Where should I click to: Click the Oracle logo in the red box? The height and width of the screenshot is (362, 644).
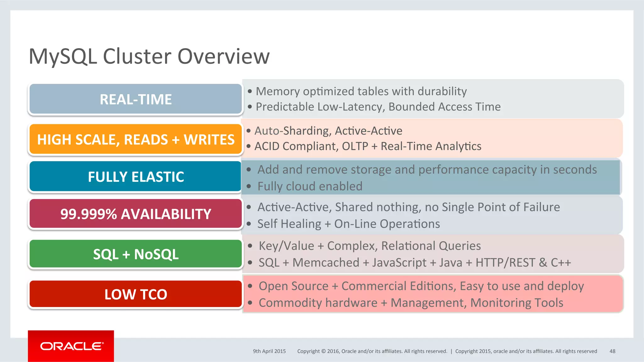click(71, 346)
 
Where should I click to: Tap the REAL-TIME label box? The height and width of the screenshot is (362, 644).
click(136, 99)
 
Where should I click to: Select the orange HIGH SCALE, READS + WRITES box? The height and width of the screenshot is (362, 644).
click(136, 139)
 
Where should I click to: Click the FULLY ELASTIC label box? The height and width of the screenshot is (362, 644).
click(136, 177)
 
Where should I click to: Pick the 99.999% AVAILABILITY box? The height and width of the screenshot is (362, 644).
click(136, 214)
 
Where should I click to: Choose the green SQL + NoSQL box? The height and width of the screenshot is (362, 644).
click(136, 254)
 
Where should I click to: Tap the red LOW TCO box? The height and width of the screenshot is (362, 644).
click(136, 294)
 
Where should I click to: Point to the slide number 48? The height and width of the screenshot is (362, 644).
click(612, 351)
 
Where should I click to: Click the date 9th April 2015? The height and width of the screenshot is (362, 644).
click(269, 351)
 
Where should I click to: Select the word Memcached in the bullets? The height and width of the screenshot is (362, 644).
click(326, 262)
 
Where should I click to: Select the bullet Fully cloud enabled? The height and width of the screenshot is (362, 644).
click(310, 186)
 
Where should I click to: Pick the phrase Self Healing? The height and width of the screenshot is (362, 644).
click(289, 224)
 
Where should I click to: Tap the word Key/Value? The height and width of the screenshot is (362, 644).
click(286, 246)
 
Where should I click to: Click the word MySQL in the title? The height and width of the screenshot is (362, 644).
click(63, 57)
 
